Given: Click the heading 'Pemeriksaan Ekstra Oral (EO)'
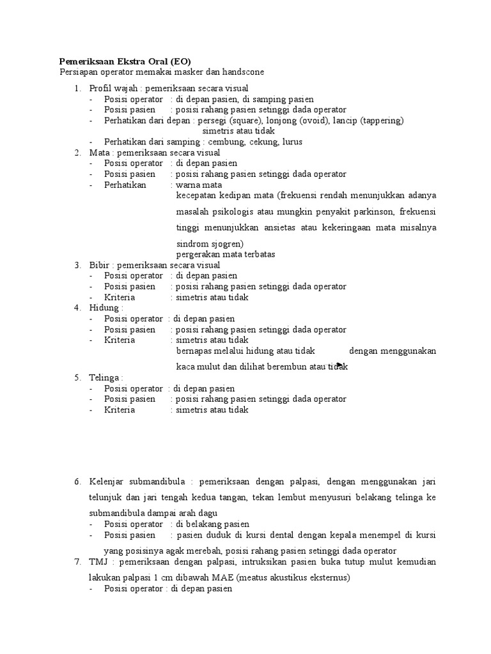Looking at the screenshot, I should [x=125, y=61].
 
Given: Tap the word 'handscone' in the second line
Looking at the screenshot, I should [x=243, y=72].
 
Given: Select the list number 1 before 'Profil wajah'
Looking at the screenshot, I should [x=77, y=87].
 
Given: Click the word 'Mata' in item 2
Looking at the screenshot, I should [x=98, y=153].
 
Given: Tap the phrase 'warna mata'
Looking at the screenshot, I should [x=198, y=185].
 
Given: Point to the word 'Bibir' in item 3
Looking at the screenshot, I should [x=99, y=265].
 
